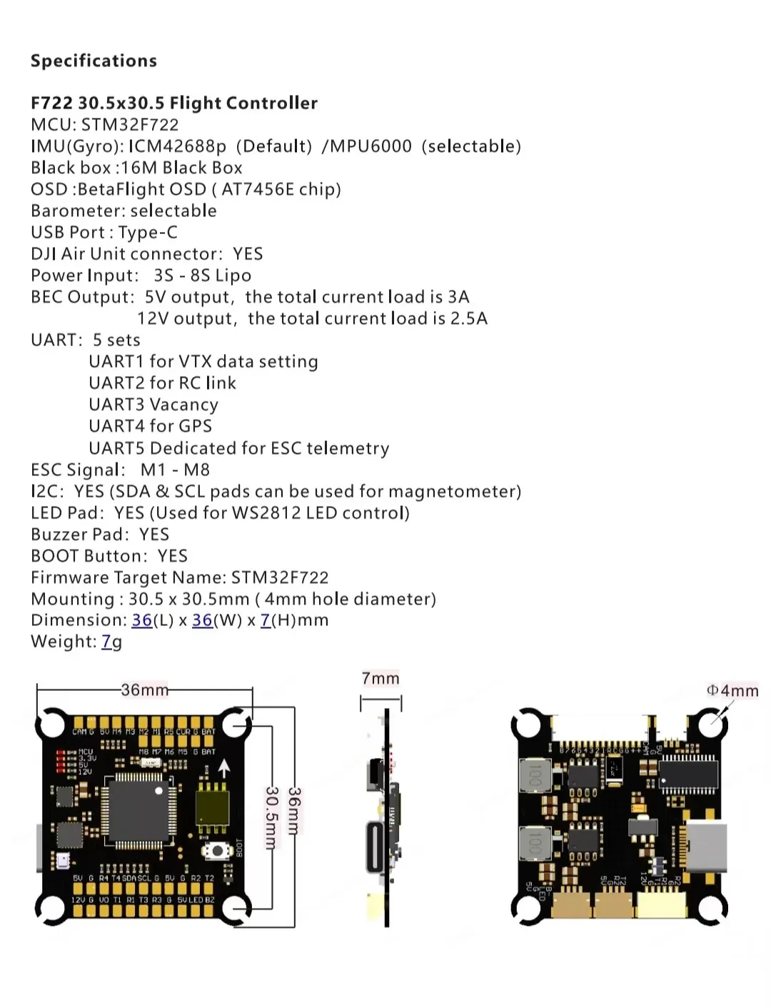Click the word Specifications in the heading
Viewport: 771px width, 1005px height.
pos(94,61)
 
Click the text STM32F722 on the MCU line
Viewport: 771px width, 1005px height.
pos(130,125)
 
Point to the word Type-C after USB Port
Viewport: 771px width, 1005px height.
pos(148,233)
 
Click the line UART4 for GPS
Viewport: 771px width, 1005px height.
pos(150,426)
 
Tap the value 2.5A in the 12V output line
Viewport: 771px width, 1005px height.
pos(468,318)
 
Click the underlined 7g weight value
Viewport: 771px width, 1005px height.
pos(111,642)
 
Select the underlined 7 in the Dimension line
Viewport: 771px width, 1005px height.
pos(265,620)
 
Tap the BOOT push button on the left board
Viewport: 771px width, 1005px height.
pos(215,850)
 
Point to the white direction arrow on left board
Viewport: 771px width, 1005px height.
pos(224,769)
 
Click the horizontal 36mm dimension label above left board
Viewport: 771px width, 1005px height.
pos(145,690)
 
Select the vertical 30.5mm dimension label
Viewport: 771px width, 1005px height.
pos(271,818)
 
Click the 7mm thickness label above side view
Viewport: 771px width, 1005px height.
pos(381,678)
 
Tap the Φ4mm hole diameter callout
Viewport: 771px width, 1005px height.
pos(732,690)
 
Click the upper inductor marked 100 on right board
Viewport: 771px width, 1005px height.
pos(533,776)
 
